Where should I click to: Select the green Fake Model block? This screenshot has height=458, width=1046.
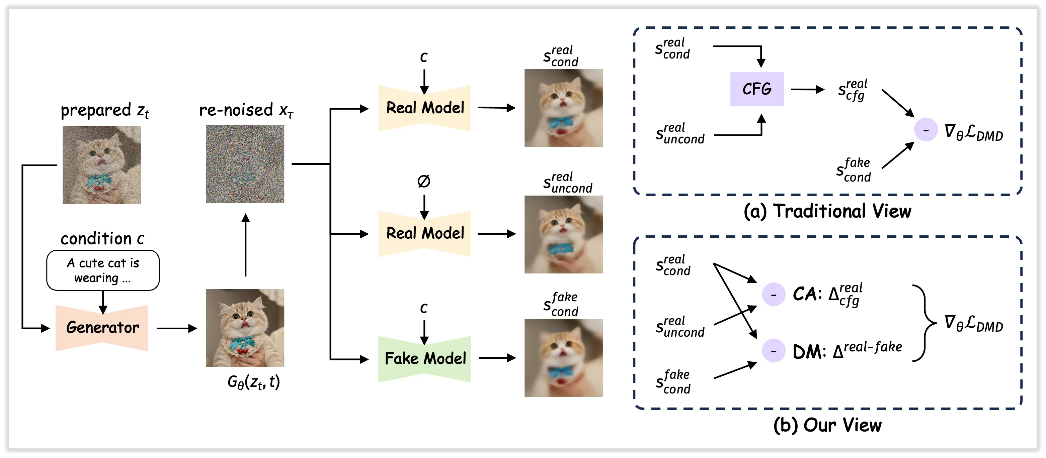(x=424, y=359)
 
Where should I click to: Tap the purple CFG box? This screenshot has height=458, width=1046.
(x=757, y=89)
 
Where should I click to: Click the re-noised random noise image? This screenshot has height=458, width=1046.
(x=245, y=163)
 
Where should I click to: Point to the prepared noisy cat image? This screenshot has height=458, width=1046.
(x=101, y=165)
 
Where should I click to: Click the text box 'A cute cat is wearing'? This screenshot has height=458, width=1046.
(x=103, y=270)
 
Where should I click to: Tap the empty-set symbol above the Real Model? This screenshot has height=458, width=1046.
(x=423, y=181)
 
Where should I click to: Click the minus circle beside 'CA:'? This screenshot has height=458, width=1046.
(x=774, y=294)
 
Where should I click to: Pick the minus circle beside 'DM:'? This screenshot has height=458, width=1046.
(x=774, y=350)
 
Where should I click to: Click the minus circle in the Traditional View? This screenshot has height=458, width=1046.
(x=926, y=130)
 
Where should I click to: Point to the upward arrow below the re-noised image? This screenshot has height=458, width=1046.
(x=245, y=245)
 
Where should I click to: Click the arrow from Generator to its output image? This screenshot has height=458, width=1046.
(x=177, y=328)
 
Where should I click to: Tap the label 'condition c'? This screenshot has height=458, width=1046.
(x=102, y=239)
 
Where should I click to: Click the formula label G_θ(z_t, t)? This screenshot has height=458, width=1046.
(x=254, y=382)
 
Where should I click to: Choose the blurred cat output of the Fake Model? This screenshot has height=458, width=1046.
(x=564, y=358)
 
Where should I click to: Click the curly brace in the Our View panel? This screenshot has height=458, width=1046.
(x=924, y=323)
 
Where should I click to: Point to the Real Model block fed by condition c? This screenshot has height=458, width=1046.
(x=424, y=108)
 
